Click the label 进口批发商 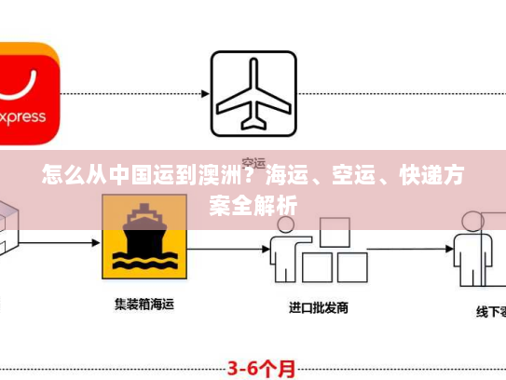pyautogui.click(x=318, y=306)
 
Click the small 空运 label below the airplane pyautogui.click(x=253, y=158)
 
